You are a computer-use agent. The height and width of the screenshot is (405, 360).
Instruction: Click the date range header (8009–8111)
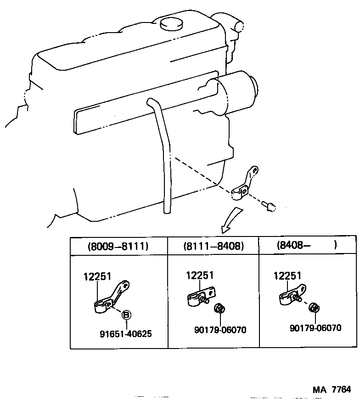tap(118, 246)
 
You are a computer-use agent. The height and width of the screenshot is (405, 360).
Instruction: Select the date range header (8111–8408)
tap(213, 246)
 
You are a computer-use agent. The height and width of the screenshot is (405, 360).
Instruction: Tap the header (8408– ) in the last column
tap(307, 245)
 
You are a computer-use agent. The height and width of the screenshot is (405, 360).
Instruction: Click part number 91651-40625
tap(126, 334)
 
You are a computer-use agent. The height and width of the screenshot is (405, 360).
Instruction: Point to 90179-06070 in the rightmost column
tap(315, 328)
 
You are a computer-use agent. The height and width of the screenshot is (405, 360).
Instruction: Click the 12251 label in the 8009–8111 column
tap(97, 276)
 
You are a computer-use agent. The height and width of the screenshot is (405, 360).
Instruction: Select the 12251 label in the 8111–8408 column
tap(200, 275)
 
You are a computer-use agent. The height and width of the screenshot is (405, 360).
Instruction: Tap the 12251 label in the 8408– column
tap(287, 276)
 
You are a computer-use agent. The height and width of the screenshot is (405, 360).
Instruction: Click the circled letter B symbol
tap(126, 315)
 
